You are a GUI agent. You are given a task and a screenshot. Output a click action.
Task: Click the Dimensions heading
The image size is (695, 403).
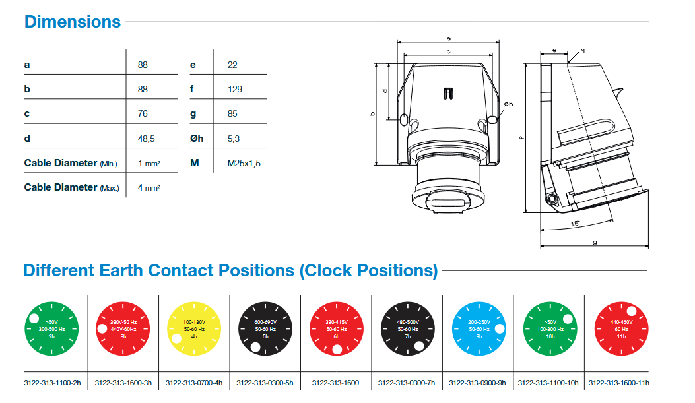[x=73, y=22]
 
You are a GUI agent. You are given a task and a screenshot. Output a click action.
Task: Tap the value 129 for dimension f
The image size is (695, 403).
[x=234, y=89]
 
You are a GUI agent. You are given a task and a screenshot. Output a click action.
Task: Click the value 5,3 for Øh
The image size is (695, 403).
[x=234, y=139]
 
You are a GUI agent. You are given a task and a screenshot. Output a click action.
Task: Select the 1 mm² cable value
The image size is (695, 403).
[x=150, y=163]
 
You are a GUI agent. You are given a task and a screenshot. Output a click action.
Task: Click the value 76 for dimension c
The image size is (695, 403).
[x=143, y=113]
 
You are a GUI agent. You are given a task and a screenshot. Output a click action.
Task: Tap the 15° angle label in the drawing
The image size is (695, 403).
[x=576, y=224]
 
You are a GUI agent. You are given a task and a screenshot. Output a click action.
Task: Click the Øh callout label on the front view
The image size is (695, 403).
[x=508, y=104]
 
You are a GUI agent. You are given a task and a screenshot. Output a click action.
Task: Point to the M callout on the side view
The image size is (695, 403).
[x=582, y=50]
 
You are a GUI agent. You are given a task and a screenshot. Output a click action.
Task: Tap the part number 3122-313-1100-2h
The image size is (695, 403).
[x=52, y=382]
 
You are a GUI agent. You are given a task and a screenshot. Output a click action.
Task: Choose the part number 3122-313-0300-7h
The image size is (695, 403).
[x=407, y=382]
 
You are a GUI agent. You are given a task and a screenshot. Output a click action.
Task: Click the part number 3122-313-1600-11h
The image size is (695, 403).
[x=619, y=382]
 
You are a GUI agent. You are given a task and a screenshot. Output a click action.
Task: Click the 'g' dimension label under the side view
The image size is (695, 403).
[x=595, y=243]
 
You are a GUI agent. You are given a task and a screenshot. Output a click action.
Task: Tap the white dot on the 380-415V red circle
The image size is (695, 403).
[x=337, y=349]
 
